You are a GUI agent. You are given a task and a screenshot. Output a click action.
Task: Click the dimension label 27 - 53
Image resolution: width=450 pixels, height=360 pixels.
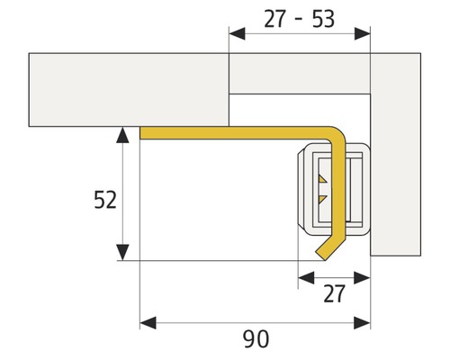tap(300, 18)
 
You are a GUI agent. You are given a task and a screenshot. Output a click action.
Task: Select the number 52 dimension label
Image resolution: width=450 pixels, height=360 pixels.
tap(105, 200)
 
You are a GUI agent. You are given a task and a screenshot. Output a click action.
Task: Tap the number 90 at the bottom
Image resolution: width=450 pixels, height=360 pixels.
tap(256, 339)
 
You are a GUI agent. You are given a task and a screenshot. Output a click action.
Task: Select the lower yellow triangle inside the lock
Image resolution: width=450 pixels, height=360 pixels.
tap(322, 196)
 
